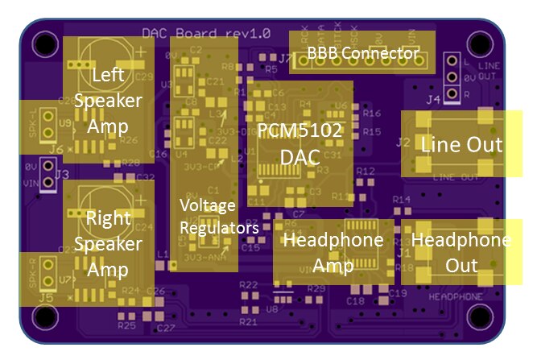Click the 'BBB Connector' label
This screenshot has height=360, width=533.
coord(363,54)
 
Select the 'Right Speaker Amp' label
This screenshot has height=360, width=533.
coord(113,242)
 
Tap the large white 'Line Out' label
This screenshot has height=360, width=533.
coord(461,145)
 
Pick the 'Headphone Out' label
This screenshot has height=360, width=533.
coord(460,253)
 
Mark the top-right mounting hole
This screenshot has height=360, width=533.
coord(481,42)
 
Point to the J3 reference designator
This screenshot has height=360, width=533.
coord(62,173)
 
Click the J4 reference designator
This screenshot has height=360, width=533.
coord(433,101)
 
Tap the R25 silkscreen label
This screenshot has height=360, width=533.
coord(126,326)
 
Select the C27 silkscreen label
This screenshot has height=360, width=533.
coord(166,329)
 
